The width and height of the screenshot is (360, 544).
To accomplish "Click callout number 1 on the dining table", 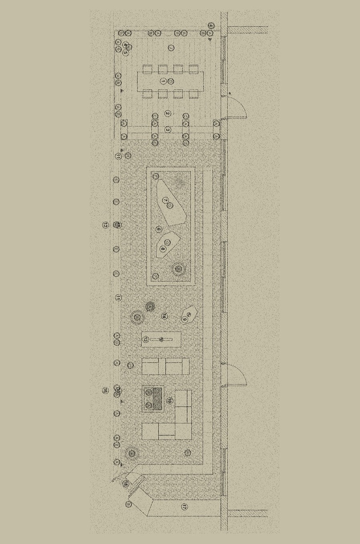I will (163, 81).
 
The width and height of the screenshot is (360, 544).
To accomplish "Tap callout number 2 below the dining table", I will (168, 114).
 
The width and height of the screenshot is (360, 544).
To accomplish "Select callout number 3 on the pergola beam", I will (168, 130).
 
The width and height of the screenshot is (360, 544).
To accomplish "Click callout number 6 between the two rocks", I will (159, 229).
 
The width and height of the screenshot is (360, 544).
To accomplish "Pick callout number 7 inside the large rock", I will (165, 200).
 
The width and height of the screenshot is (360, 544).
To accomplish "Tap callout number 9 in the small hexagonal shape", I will (184, 319).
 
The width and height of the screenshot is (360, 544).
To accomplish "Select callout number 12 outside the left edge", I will (105, 225).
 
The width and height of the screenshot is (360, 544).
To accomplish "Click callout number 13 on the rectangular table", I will (146, 339).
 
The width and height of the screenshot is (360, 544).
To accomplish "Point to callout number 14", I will (164, 316).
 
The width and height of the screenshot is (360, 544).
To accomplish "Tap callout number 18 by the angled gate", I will (126, 484).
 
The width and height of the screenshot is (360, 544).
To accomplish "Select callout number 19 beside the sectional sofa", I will (170, 400).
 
